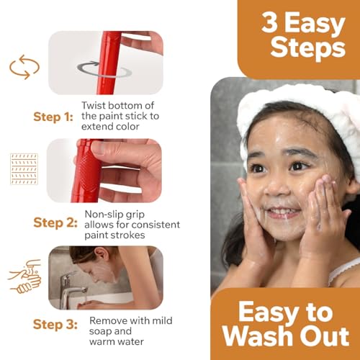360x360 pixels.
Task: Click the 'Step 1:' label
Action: [x=53, y=117]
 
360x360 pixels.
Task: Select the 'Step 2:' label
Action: [x=53, y=222]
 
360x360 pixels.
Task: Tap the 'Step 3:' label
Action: [x=53, y=325]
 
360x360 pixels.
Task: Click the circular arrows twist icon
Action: [x=24, y=66]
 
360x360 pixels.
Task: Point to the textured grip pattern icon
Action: [x=24, y=170]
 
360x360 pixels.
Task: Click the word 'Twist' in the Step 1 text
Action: [x=95, y=107]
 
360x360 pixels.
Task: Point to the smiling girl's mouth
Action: [x=283, y=212]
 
